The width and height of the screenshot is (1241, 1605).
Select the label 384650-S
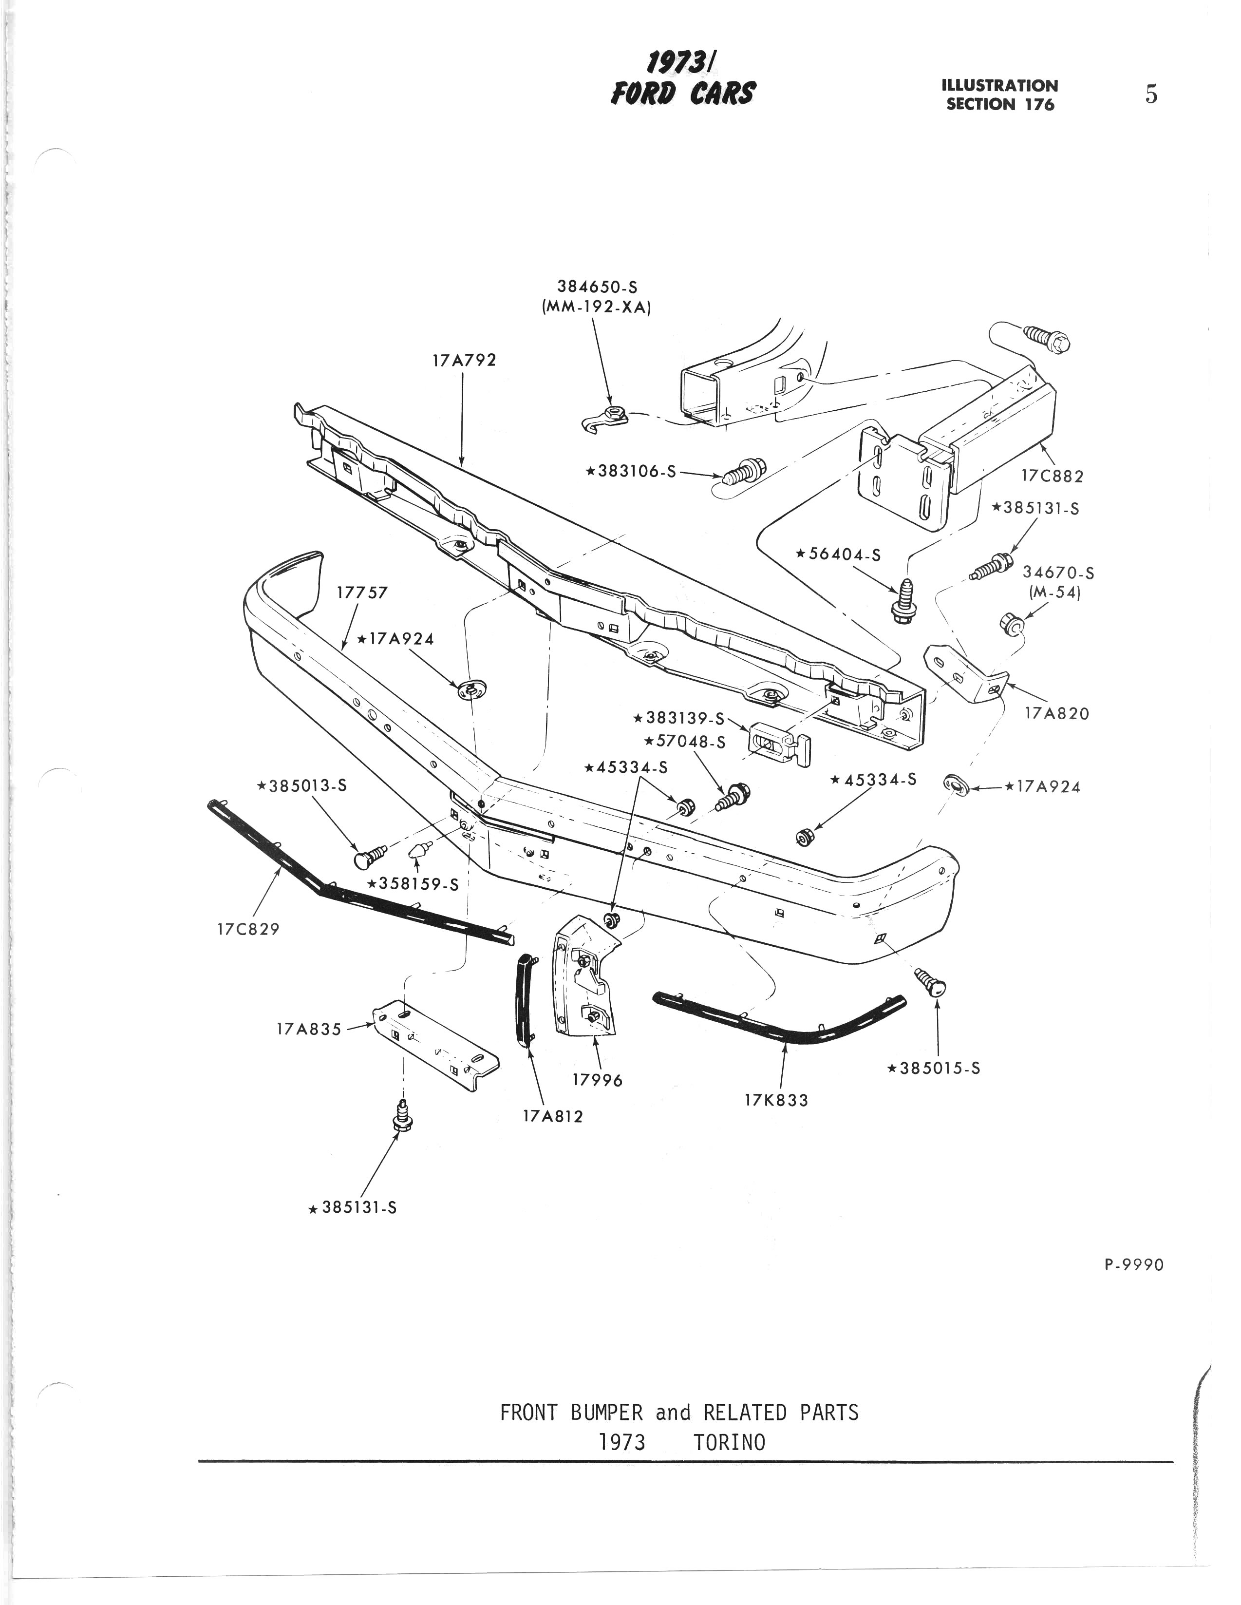coord(597,287)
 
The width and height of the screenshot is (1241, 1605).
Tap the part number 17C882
coord(1052,476)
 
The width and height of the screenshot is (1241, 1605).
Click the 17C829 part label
coord(248,929)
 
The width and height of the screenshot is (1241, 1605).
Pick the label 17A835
coord(309,1030)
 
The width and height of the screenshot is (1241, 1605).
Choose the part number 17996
coord(597,1080)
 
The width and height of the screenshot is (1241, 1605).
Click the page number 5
coord(1150,95)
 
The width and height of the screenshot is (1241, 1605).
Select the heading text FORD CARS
coord(682,94)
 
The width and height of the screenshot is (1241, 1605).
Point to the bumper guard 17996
coord(585,977)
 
